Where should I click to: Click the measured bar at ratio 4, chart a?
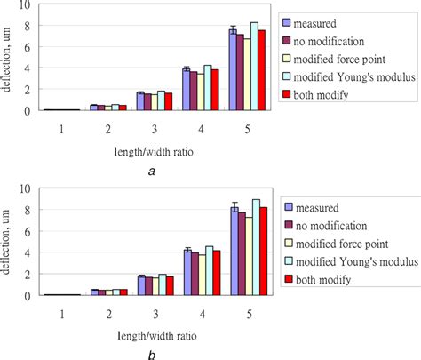click(x=187, y=90)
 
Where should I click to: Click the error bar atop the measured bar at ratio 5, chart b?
click(x=234, y=208)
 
